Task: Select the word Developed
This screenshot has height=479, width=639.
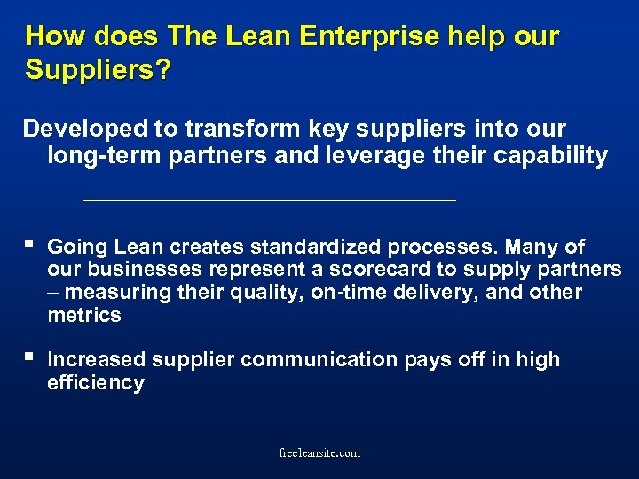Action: click(x=85, y=129)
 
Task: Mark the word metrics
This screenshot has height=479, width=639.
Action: click(x=84, y=316)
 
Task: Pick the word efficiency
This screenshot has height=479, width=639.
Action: click(x=95, y=382)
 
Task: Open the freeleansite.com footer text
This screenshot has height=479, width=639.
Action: click(x=319, y=452)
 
